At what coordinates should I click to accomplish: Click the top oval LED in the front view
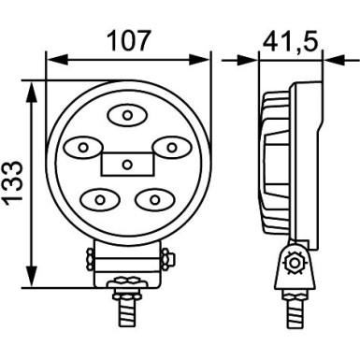click(126, 116)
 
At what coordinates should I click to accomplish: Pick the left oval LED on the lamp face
click(81, 147)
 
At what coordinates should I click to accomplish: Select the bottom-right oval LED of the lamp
click(152, 198)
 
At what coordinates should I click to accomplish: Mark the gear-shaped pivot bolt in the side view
click(295, 264)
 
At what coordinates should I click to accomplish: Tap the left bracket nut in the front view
click(89, 257)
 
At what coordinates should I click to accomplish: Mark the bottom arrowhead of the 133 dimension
click(34, 281)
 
